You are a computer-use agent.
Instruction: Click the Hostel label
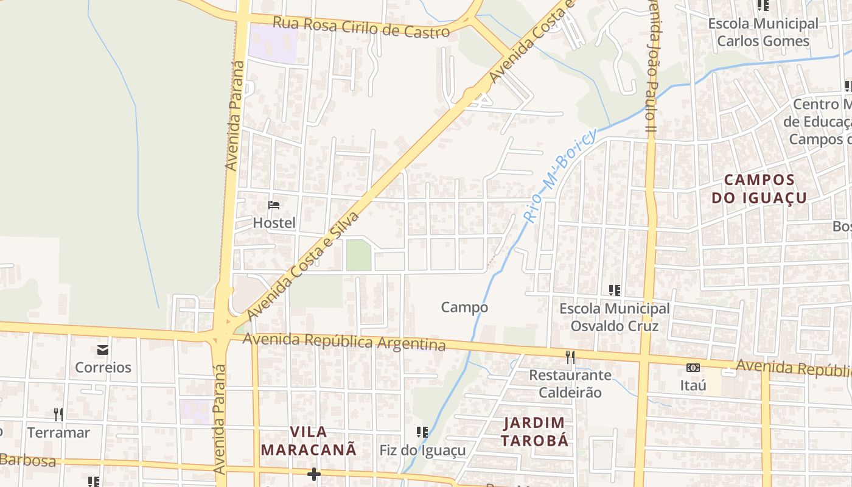click(x=274, y=223)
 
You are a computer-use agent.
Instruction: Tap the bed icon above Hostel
click(x=274, y=205)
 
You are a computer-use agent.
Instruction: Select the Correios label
click(x=103, y=367)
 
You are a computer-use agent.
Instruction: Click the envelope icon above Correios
click(x=102, y=350)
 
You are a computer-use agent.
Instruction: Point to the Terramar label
click(x=58, y=433)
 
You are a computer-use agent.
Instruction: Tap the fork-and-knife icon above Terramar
click(x=58, y=415)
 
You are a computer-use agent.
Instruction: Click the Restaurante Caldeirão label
click(x=570, y=384)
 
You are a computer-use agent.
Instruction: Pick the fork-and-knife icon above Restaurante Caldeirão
click(x=570, y=357)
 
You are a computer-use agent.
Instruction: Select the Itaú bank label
click(x=693, y=385)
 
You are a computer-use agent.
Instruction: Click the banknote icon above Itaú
click(x=693, y=368)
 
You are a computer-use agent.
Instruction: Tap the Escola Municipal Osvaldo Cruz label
click(x=614, y=317)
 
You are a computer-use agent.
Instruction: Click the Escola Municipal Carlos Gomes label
click(x=763, y=32)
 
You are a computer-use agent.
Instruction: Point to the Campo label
click(x=464, y=307)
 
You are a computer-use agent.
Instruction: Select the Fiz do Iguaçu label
click(x=422, y=450)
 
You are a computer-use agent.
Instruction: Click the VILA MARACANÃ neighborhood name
click(x=309, y=441)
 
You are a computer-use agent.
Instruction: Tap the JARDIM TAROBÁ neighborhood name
click(x=535, y=431)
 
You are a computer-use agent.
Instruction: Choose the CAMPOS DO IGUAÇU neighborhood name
click(x=759, y=189)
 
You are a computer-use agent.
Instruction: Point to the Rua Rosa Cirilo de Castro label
click(x=361, y=27)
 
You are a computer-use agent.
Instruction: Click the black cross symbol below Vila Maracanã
click(x=314, y=474)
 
